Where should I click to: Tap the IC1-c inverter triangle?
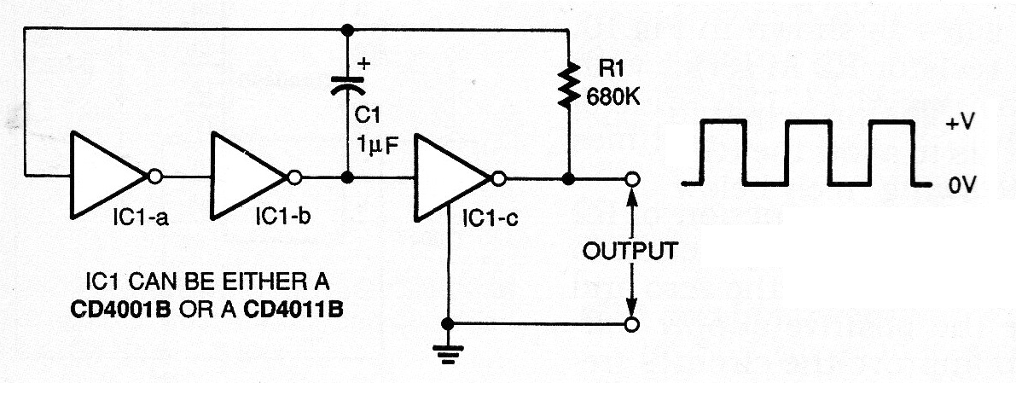tap(447, 179)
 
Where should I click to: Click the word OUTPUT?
tap(631, 251)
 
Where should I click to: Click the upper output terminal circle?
tap(631, 179)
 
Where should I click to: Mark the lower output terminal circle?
tap(631, 324)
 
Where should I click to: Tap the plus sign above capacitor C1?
tap(367, 62)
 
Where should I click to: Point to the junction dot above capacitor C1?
tap(346, 31)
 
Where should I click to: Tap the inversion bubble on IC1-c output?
tap(497, 179)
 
